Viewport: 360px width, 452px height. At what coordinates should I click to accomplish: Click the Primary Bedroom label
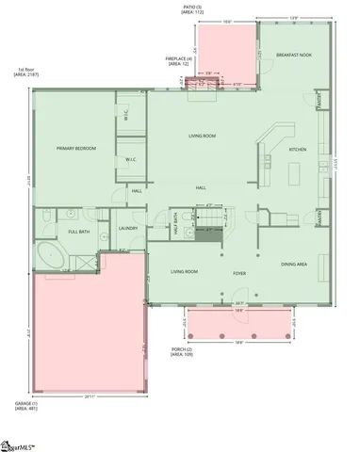click(76, 148)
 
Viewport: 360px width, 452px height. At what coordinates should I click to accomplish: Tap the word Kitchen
click(298, 150)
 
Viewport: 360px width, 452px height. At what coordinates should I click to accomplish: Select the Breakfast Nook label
click(295, 56)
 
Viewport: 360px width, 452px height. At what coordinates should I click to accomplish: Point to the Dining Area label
click(295, 265)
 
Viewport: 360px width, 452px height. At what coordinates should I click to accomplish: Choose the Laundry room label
click(129, 228)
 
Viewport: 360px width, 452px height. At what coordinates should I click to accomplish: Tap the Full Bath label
click(78, 231)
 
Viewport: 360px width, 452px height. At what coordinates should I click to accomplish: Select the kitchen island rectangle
click(293, 173)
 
